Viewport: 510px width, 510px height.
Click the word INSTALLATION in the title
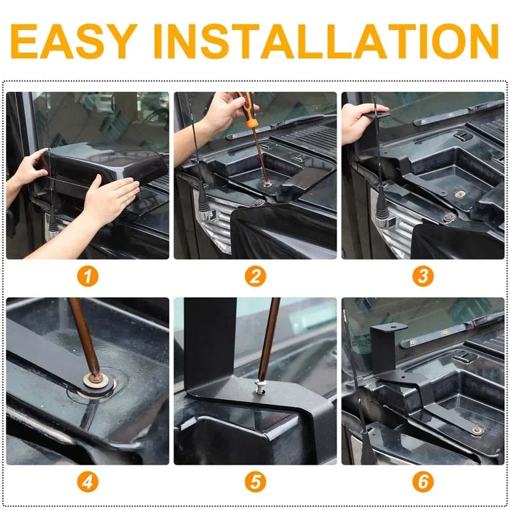[x=326, y=41]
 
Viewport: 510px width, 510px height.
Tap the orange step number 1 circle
[x=87, y=277]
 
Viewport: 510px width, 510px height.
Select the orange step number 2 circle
[x=256, y=277]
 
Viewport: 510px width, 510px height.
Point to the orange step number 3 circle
[x=423, y=277]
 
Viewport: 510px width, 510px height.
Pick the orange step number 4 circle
[x=87, y=482]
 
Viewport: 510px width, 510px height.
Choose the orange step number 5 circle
[x=256, y=482]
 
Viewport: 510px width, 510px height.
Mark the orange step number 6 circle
[x=423, y=482]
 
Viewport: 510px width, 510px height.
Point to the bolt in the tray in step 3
[x=460, y=194]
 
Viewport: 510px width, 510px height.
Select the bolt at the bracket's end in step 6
[x=477, y=431]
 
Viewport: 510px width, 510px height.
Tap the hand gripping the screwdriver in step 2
[x=224, y=112]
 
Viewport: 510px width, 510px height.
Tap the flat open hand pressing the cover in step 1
[x=110, y=201]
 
